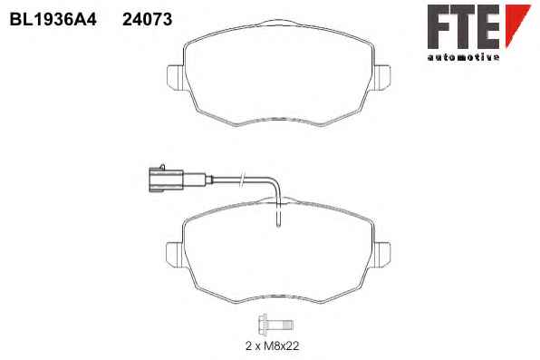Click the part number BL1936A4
[x=53, y=19]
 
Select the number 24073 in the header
[x=148, y=19]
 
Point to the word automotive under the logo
[x=463, y=57]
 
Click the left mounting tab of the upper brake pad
[x=176, y=78]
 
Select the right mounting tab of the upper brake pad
[x=382, y=78]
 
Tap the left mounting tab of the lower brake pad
[x=175, y=255]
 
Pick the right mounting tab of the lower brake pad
[x=382, y=255]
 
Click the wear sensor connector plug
[x=166, y=180]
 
